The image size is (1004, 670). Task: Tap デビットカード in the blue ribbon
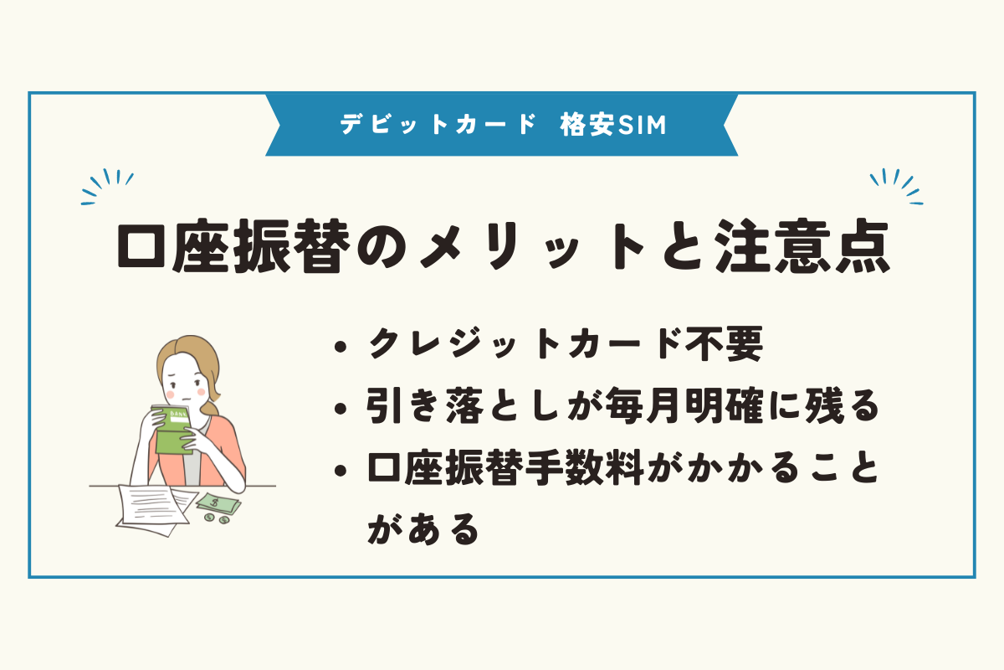pyautogui.click(x=438, y=125)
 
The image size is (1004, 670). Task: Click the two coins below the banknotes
pyautogui.click(x=216, y=519)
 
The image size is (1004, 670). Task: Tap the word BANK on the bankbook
pyautogui.click(x=175, y=413)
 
